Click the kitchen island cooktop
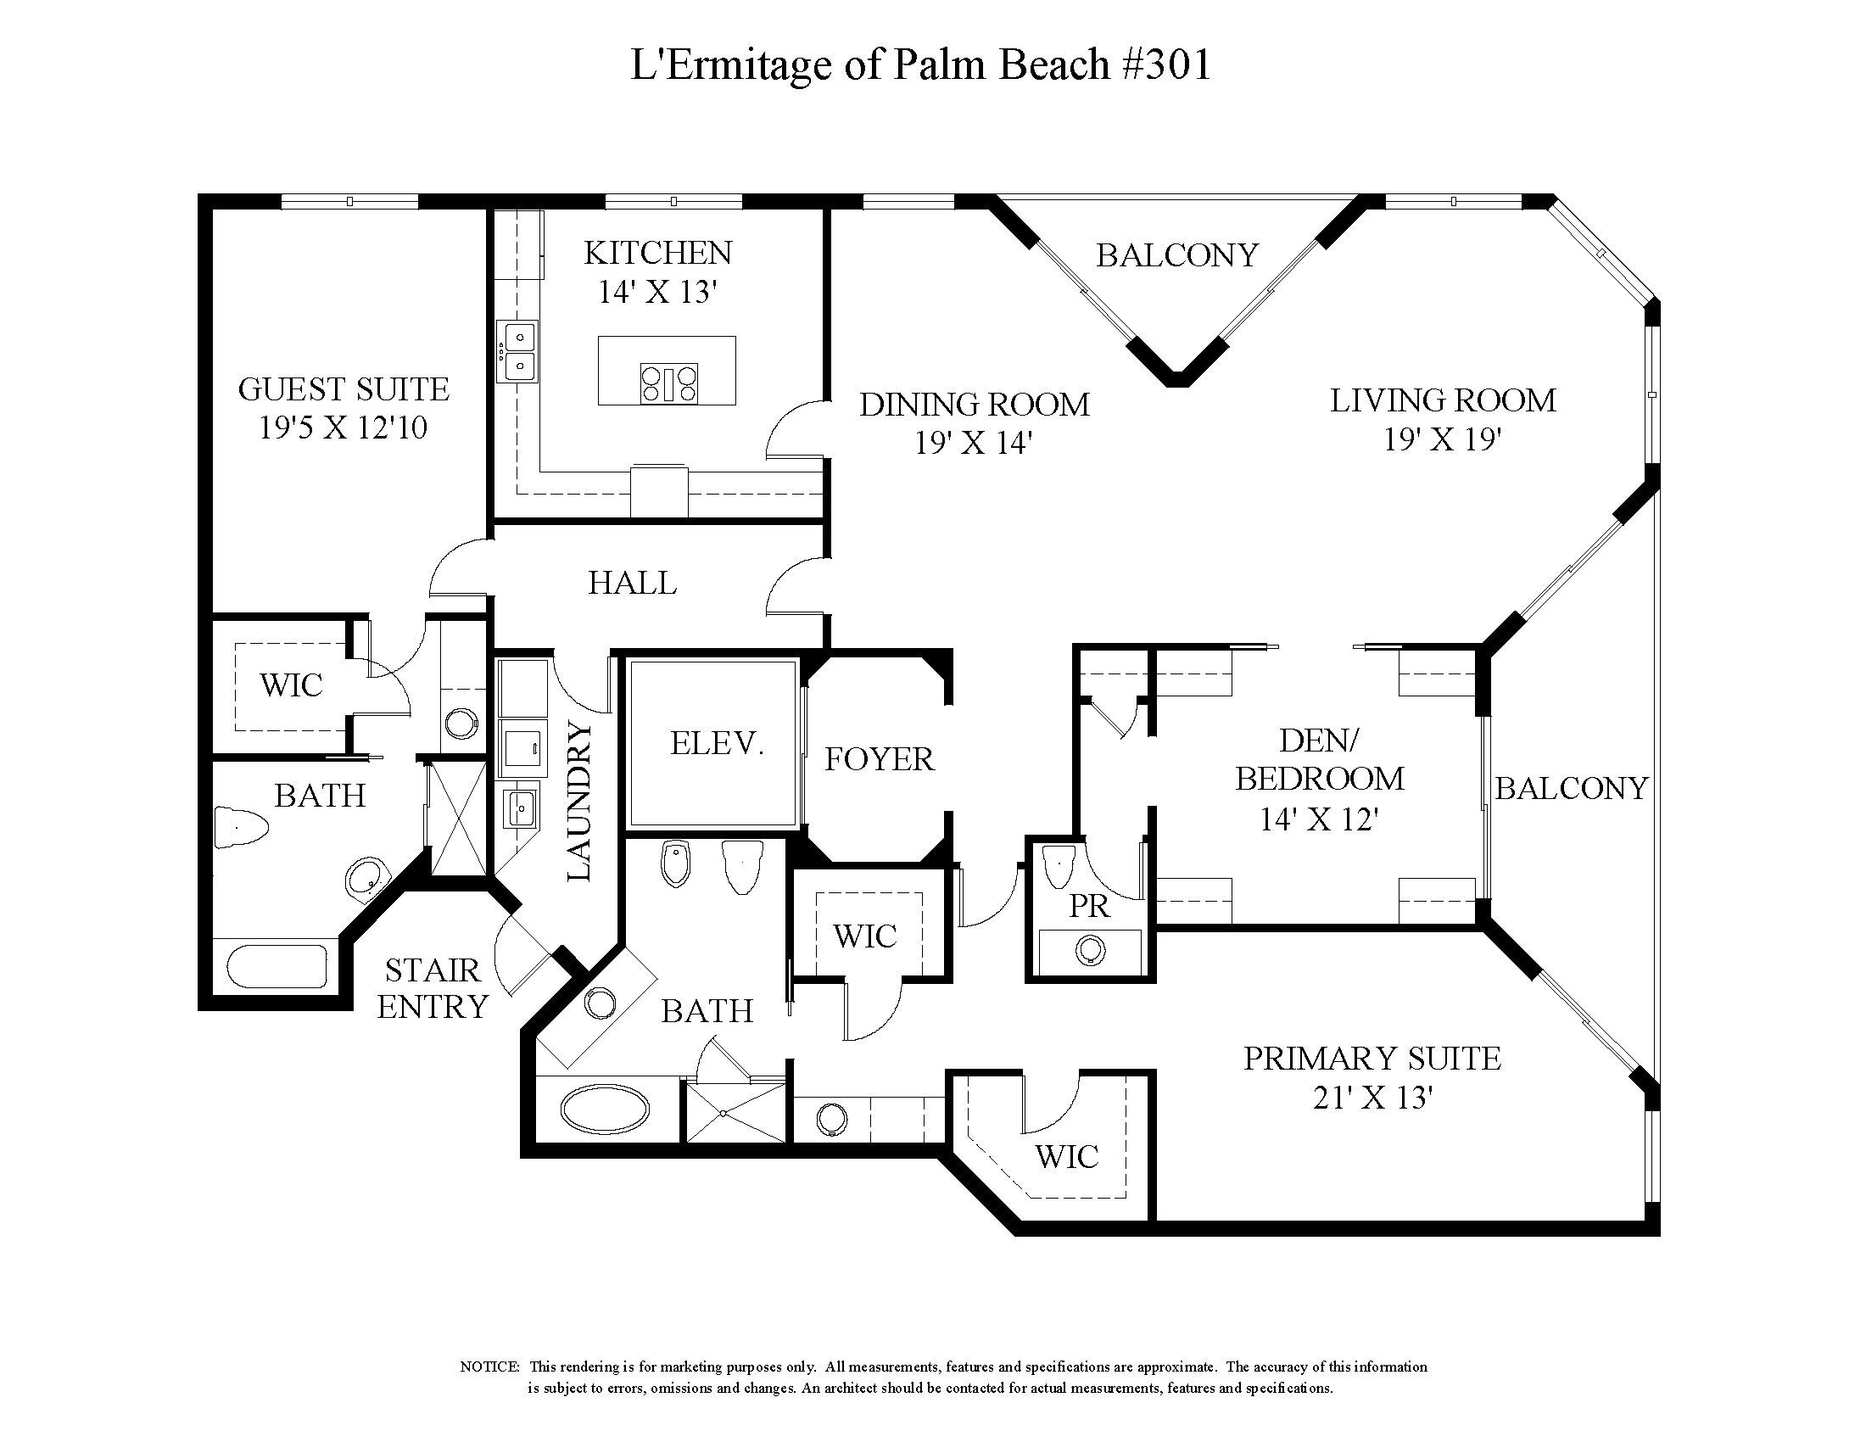click(x=668, y=383)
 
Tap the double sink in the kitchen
click(x=518, y=351)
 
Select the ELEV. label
click(x=717, y=744)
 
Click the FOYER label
click(x=879, y=759)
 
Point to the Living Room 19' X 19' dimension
click(x=1442, y=440)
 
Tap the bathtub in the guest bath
click(x=277, y=966)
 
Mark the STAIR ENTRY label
click(x=433, y=989)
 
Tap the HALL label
click(x=632, y=584)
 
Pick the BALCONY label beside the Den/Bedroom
click(x=1570, y=789)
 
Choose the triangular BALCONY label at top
click(x=1176, y=255)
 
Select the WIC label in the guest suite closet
click(x=291, y=685)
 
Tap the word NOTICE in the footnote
click(x=489, y=1367)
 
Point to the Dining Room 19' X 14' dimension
click(x=974, y=444)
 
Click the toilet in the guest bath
click(x=241, y=826)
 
